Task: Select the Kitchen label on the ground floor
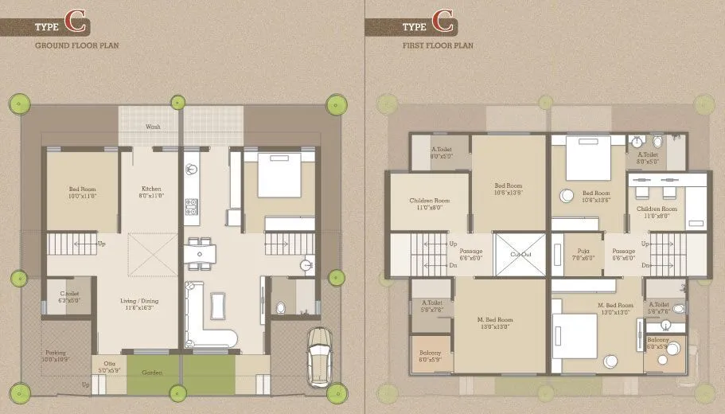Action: (151, 192)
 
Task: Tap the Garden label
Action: (152, 373)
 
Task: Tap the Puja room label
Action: (583, 255)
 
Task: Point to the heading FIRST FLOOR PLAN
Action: (438, 45)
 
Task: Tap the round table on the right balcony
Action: (672, 348)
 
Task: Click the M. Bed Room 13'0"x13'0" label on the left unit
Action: (495, 322)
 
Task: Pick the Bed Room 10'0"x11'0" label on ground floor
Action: (83, 192)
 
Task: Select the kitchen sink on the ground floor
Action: (191, 169)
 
